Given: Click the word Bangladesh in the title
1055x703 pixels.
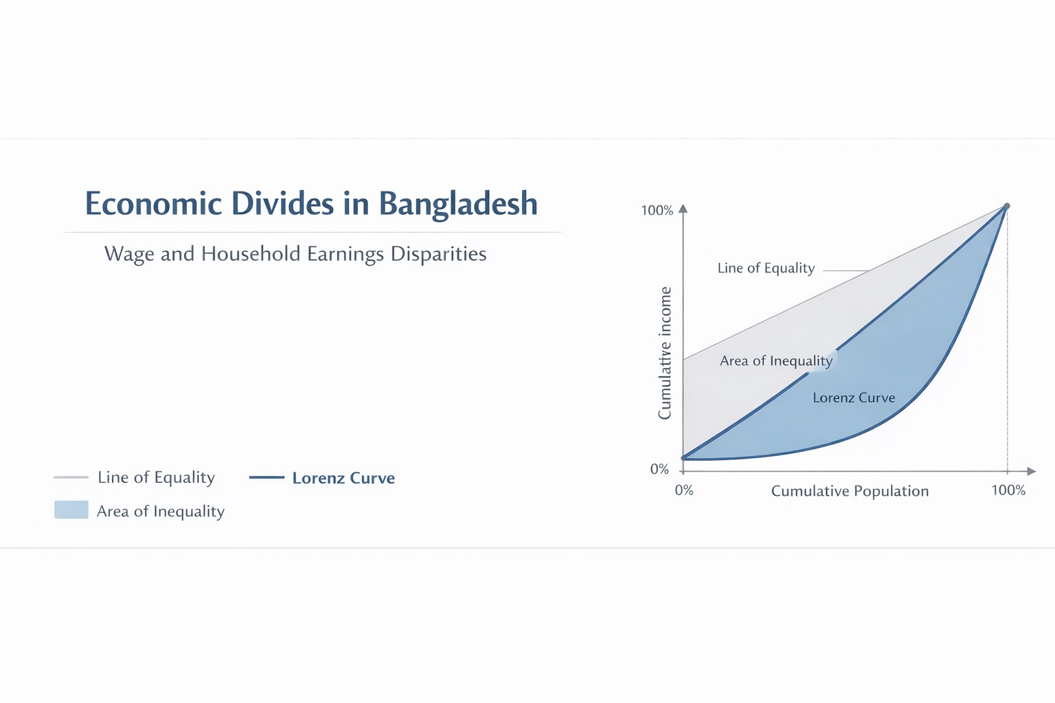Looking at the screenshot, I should point(458,204).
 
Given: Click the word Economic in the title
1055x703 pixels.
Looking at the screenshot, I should point(153,204).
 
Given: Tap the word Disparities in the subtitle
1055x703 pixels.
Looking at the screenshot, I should point(438,254).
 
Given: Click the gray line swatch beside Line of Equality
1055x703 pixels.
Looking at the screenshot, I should point(71,477).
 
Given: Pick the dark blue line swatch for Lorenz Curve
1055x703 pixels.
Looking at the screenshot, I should point(266,477).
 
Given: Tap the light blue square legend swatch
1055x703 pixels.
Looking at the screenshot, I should point(71,509).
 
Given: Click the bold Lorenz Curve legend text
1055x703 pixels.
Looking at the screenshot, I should point(343,478).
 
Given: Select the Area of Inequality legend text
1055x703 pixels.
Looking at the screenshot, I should point(161,511).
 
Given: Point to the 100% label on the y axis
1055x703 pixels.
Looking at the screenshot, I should point(657,211).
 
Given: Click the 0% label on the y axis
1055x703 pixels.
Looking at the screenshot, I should point(659,469).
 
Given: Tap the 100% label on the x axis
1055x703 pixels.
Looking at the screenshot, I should point(1008,490).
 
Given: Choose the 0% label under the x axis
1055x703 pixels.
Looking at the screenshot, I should point(684,490).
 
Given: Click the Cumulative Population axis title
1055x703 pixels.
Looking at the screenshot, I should point(850,491).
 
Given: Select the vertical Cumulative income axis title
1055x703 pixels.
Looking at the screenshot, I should point(665,353).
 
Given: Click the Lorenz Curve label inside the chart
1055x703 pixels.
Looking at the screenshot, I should point(854,397).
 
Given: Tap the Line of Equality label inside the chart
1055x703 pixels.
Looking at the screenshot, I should point(766,268).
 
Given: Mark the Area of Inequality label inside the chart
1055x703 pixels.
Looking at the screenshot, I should point(775,360).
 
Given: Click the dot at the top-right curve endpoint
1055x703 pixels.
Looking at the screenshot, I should point(1007,206).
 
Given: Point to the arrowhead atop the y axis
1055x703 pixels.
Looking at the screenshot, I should point(683,208).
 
